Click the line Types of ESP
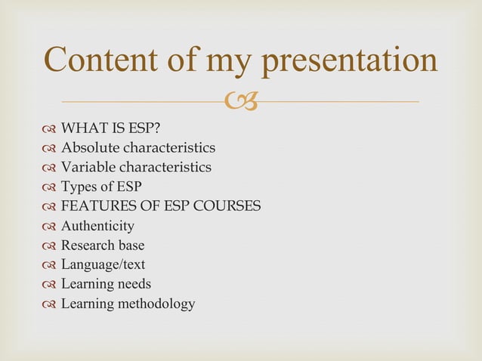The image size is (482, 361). [x=100, y=187]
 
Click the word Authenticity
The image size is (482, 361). [x=97, y=226]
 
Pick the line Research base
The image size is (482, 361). [x=102, y=245]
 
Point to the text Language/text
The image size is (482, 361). [x=103, y=265]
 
